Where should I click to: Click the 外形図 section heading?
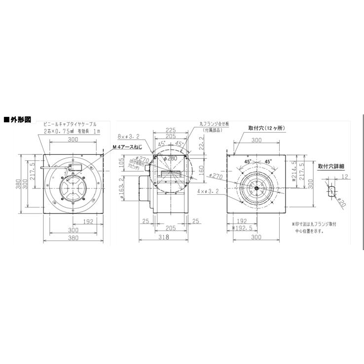coord(19,119)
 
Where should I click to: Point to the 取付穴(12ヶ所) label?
coord(267,128)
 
